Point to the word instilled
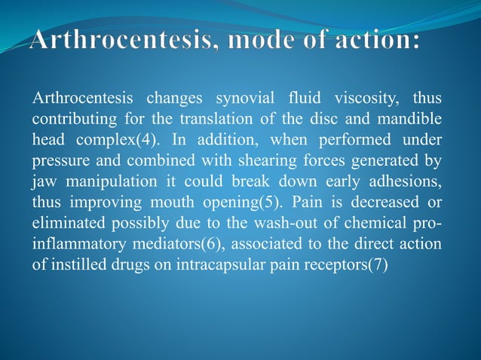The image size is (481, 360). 79,266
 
